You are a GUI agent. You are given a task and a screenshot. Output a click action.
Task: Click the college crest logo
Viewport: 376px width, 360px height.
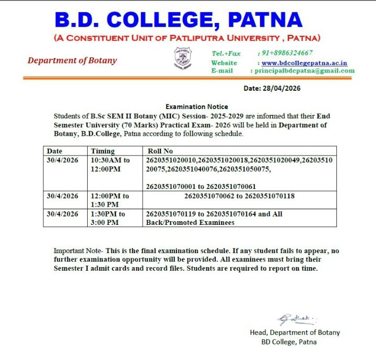[x=183, y=58]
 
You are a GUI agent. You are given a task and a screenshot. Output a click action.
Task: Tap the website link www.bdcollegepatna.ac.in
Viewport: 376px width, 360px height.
[x=304, y=63]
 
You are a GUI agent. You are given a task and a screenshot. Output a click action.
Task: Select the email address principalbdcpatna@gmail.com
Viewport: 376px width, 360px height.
[x=304, y=71]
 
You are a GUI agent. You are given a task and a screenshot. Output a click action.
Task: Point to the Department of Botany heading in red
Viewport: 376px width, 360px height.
[x=72, y=61]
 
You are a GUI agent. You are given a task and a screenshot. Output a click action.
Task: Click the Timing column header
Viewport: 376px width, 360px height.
[x=102, y=151]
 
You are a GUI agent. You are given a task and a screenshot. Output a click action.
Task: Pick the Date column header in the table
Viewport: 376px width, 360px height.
[x=54, y=151]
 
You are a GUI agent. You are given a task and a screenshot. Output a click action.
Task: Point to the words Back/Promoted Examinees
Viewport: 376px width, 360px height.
[x=190, y=223]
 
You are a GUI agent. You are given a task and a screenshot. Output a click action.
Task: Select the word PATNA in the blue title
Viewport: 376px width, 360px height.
[x=265, y=20]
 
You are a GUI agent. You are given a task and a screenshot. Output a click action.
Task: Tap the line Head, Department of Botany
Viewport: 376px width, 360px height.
[x=295, y=333]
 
